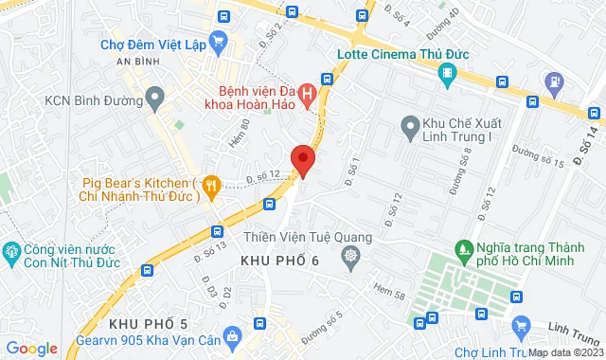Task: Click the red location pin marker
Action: point(303,159)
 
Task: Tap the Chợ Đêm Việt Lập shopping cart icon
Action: point(219,41)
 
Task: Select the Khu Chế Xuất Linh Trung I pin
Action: point(409,123)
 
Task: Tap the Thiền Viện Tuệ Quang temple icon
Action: point(351,255)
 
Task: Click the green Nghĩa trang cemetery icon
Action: point(464,251)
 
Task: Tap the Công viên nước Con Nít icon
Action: point(12,252)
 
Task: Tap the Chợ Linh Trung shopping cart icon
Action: point(519,327)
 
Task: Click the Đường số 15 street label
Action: point(538,155)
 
